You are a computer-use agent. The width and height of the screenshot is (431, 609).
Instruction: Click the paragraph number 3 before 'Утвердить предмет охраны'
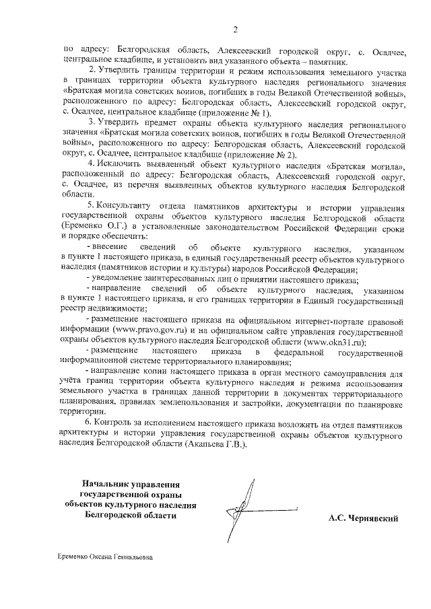(92, 124)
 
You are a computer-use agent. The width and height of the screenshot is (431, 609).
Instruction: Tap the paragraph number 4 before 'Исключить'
(92, 164)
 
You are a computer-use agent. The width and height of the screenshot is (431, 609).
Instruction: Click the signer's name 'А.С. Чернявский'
(364, 519)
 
